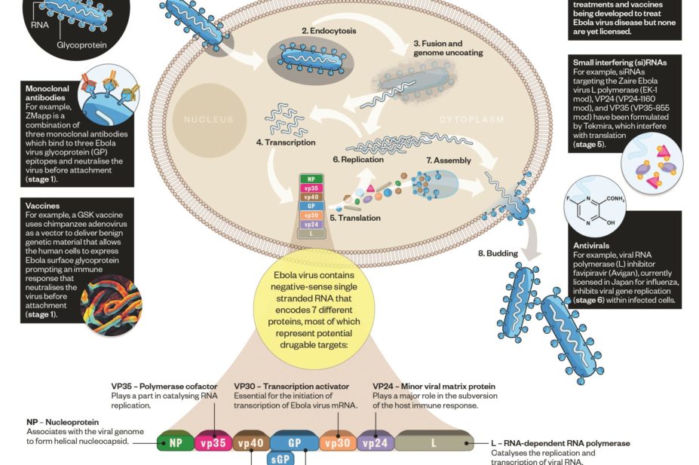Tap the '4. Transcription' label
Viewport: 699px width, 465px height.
(285, 142)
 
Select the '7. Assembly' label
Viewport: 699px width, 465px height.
(449, 161)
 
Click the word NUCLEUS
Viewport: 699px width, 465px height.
(209, 120)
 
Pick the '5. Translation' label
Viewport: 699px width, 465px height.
(355, 218)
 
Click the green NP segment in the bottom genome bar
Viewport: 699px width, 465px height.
(175, 443)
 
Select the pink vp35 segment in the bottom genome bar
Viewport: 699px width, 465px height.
(213, 443)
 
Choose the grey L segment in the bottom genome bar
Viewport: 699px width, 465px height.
(433, 443)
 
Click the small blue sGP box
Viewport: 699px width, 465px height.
(286, 458)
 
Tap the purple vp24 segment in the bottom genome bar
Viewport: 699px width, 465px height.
(375, 443)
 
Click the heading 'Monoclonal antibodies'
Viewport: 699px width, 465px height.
(48, 93)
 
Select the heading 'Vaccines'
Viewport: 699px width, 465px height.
(42, 206)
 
